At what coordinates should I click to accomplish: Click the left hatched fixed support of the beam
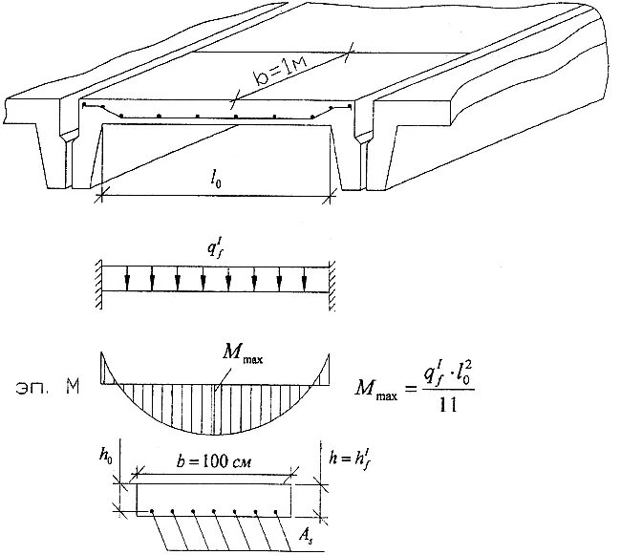coord(99,282)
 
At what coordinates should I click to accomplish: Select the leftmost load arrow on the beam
coord(125,278)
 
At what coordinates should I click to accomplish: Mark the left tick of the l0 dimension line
coord(99,198)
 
